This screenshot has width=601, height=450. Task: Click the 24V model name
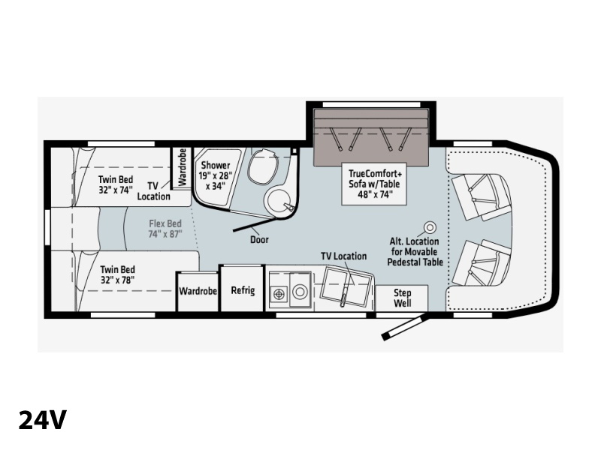[43, 420]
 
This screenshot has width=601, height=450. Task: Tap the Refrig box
[243, 289]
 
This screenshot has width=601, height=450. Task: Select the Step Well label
[402, 298]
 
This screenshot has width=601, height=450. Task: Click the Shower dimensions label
[216, 175]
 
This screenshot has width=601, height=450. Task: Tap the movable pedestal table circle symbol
[430, 228]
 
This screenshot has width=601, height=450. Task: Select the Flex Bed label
[165, 229]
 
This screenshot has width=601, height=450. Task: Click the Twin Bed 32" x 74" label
[116, 184]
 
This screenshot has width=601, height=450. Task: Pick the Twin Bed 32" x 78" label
[118, 274]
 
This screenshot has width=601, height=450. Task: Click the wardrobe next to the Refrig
[198, 291]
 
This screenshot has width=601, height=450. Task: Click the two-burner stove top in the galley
[279, 293]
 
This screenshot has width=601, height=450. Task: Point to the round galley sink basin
[300, 292]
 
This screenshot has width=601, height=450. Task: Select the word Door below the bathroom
[259, 239]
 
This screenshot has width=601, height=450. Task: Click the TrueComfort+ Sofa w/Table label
[374, 184]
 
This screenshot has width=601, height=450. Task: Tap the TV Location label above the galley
[344, 256]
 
